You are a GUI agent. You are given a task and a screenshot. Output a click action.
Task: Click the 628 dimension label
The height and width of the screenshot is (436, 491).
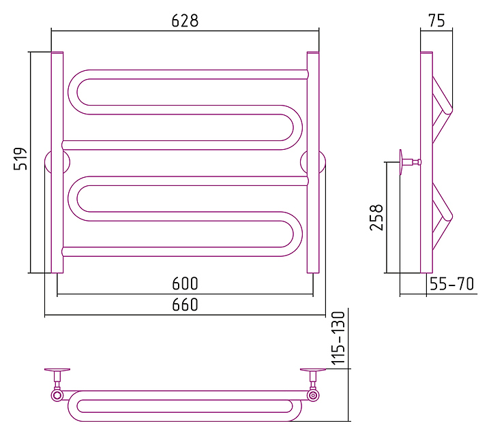(x=185, y=20)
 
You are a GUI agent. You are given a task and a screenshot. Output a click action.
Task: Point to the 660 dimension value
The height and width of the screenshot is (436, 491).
(x=185, y=305)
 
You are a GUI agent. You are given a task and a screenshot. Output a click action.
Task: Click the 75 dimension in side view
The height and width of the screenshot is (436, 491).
(x=437, y=20)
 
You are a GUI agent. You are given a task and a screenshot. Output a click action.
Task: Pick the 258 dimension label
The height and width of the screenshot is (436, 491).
(x=376, y=217)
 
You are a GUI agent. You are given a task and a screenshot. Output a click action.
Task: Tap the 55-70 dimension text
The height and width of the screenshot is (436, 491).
(x=451, y=284)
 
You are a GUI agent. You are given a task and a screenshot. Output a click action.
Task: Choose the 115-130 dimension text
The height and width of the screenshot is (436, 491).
(x=339, y=339)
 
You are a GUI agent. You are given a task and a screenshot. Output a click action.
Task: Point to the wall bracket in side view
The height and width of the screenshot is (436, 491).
(x=406, y=162)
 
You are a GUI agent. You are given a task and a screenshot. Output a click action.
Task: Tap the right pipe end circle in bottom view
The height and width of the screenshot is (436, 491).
(x=313, y=394)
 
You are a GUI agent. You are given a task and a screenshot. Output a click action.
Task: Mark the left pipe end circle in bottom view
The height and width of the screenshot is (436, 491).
(x=57, y=394)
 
